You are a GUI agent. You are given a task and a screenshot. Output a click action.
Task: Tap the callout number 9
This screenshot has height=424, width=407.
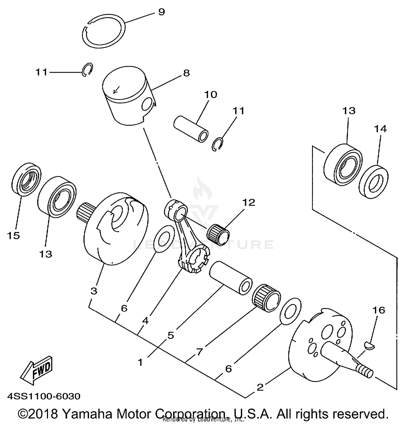point(161,12)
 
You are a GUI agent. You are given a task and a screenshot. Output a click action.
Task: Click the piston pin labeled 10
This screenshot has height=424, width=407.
point(191,129)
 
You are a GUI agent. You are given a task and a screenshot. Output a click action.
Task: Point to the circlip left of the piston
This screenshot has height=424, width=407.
point(87,70)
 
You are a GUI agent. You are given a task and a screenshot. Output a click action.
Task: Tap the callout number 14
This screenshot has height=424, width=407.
point(380,129)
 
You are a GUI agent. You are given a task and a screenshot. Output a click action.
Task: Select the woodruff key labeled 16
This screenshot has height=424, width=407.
point(369,346)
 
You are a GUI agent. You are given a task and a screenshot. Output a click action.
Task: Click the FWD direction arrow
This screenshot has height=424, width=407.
point(37,370)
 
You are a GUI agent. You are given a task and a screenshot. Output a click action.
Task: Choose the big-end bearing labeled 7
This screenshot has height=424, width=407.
point(266,298)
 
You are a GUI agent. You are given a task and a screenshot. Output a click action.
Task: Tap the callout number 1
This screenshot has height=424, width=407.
point(140,362)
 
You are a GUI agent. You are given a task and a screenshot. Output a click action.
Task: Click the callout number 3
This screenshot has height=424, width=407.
point(94,291)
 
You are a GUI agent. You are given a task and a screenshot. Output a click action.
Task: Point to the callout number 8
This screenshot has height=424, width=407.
point(186,73)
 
